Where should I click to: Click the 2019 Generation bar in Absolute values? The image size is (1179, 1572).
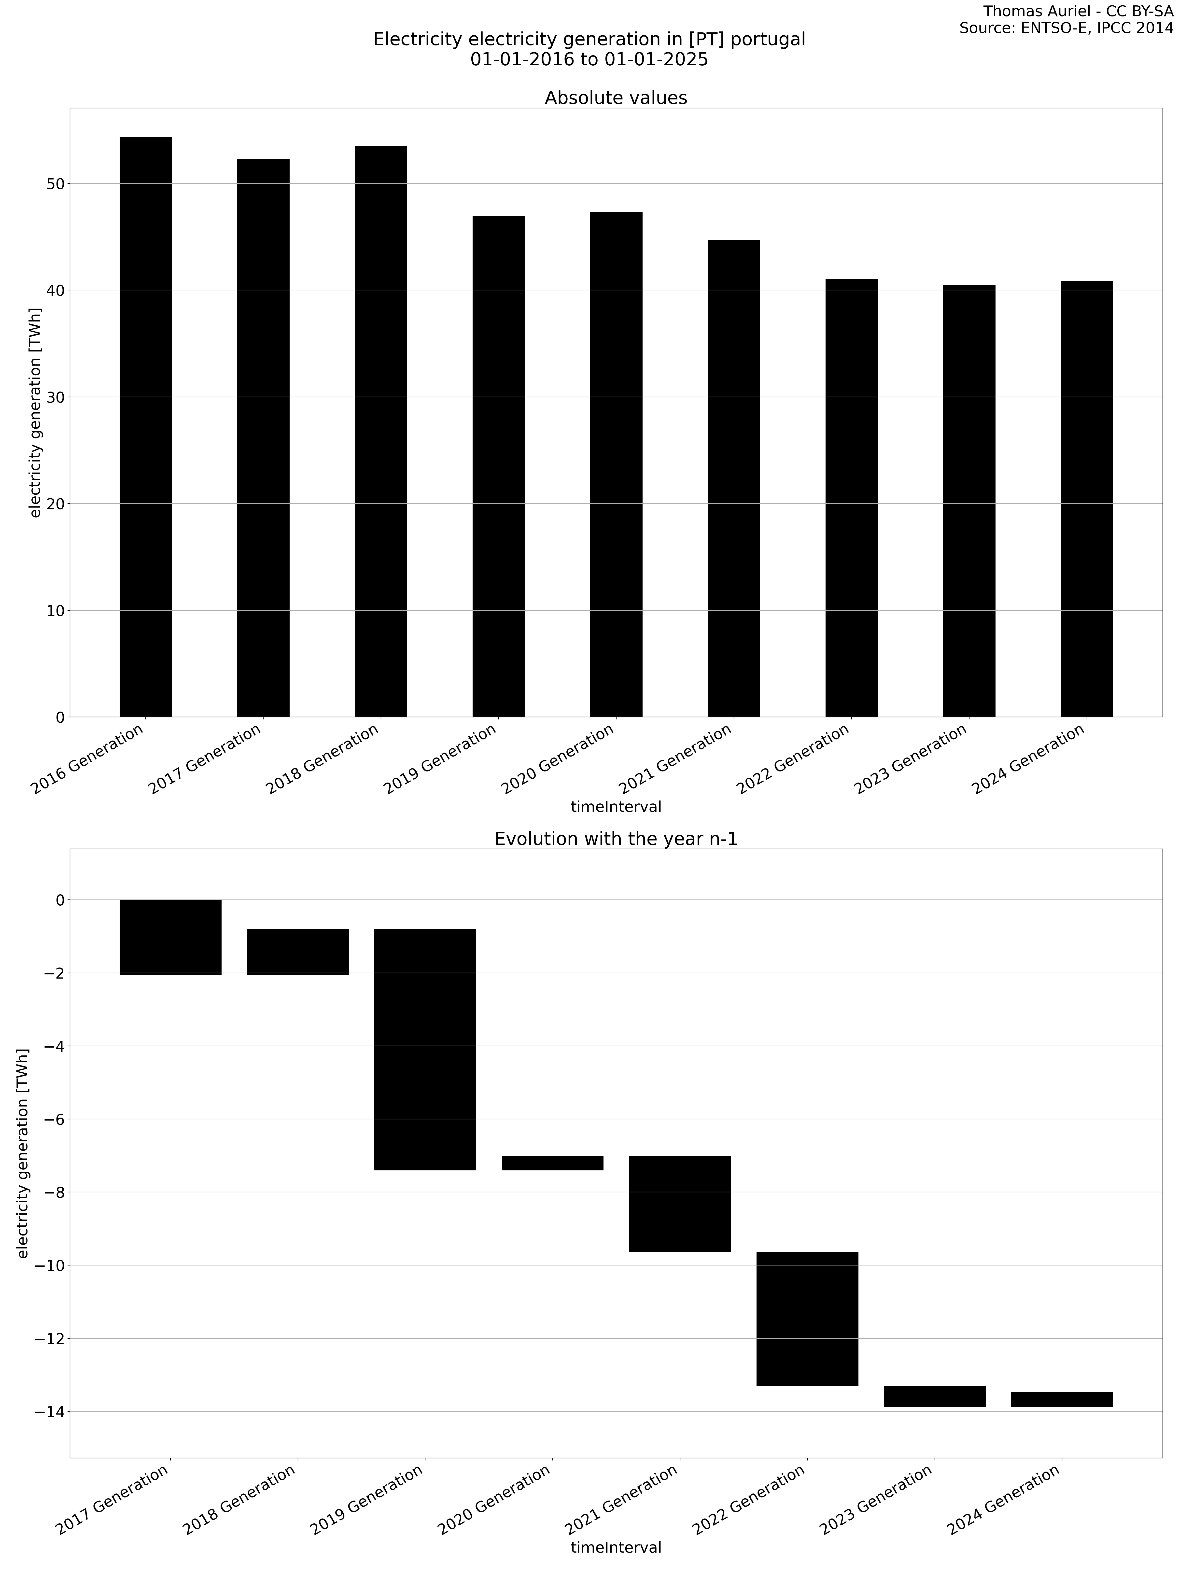click(x=498, y=465)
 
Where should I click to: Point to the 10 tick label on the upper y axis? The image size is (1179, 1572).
click(x=55, y=610)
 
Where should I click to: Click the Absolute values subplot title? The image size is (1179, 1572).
click(x=616, y=98)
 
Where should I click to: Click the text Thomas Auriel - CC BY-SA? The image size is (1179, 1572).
click(x=1077, y=11)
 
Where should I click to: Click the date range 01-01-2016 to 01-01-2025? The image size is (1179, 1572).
click(x=589, y=60)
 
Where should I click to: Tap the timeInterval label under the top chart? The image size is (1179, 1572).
click(x=616, y=807)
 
